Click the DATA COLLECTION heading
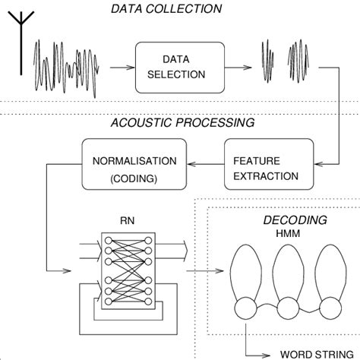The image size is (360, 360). coord(166,8)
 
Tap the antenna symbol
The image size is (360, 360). coord(21,43)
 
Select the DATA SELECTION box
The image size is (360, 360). coord(180,68)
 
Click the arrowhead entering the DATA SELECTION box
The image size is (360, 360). coord(131,68)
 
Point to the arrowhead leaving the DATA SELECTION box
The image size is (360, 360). coord(248,68)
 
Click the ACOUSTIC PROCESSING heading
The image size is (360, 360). coord(182,122)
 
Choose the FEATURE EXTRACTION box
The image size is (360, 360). coord(269,164)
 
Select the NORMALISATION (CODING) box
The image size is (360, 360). coord(134,164)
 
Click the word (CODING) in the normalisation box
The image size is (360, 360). coord(134,178)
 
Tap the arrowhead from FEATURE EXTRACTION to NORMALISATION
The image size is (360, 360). coord(191,164)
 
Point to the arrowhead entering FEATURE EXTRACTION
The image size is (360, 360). coord(319,164)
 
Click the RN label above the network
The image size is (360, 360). coord(127,220)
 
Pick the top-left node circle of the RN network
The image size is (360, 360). coord(109,240)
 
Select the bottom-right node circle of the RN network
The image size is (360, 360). coord(148,302)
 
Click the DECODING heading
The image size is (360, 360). coord(295,220)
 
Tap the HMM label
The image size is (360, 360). coord(288,233)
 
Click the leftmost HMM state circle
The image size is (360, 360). coord(245,308)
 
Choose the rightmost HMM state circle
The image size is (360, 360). coord(330,308)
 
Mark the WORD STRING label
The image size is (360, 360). coord(317,355)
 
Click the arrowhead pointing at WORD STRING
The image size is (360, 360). coord(266,355)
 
